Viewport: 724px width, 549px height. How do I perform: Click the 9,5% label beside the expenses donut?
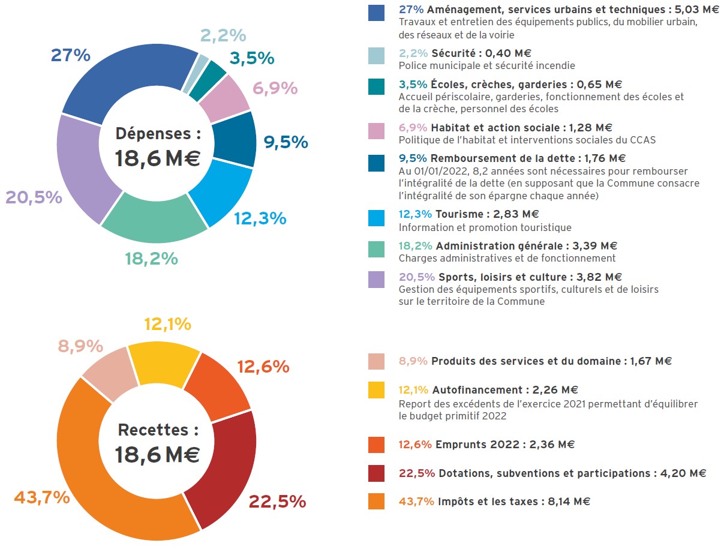[286, 142]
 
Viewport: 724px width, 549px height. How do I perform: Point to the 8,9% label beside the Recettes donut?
[80, 346]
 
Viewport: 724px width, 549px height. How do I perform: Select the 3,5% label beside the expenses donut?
[252, 59]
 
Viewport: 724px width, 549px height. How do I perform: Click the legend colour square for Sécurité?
[376, 56]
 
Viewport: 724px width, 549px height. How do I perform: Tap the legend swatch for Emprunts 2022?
[376, 445]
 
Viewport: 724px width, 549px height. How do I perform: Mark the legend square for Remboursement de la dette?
[376, 163]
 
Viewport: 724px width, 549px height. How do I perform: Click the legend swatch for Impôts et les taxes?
[376, 502]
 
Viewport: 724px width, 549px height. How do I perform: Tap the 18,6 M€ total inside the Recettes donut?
[157, 454]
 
